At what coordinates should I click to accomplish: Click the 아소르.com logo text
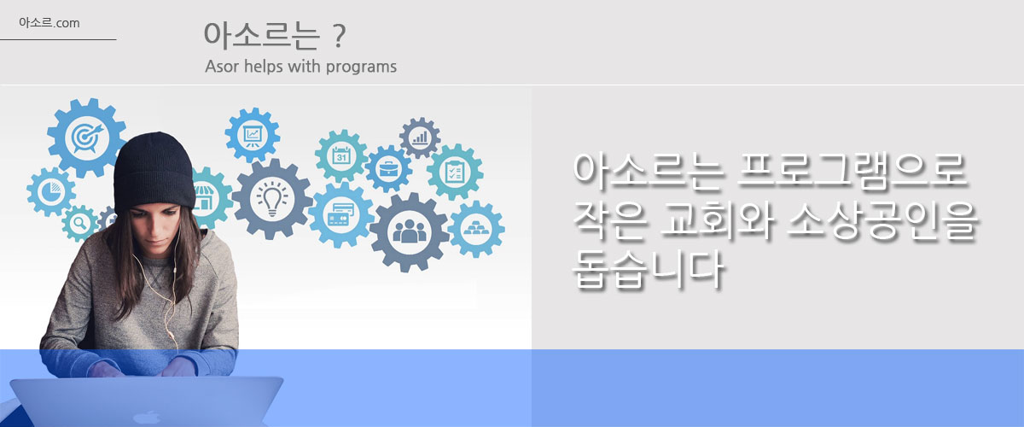click(x=49, y=23)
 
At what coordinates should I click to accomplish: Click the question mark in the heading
click(x=338, y=37)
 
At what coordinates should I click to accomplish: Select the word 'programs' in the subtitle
click(x=361, y=67)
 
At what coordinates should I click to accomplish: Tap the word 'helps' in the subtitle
click(x=263, y=67)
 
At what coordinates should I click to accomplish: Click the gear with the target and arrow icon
click(x=86, y=137)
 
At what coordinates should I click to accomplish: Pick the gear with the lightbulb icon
click(x=272, y=199)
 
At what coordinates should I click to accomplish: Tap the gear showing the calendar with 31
click(x=341, y=156)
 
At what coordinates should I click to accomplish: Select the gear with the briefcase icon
click(x=388, y=169)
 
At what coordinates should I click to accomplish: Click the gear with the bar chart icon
click(x=420, y=137)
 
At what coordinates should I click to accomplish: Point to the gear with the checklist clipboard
click(x=455, y=173)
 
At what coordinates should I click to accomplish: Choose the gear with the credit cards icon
click(x=341, y=214)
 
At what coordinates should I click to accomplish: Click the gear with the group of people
click(x=409, y=232)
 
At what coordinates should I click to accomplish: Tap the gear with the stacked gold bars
click(x=476, y=229)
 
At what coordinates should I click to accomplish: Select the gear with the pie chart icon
click(x=51, y=192)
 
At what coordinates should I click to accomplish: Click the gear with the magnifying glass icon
click(x=80, y=224)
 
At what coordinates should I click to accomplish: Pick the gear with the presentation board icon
click(x=253, y=135)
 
